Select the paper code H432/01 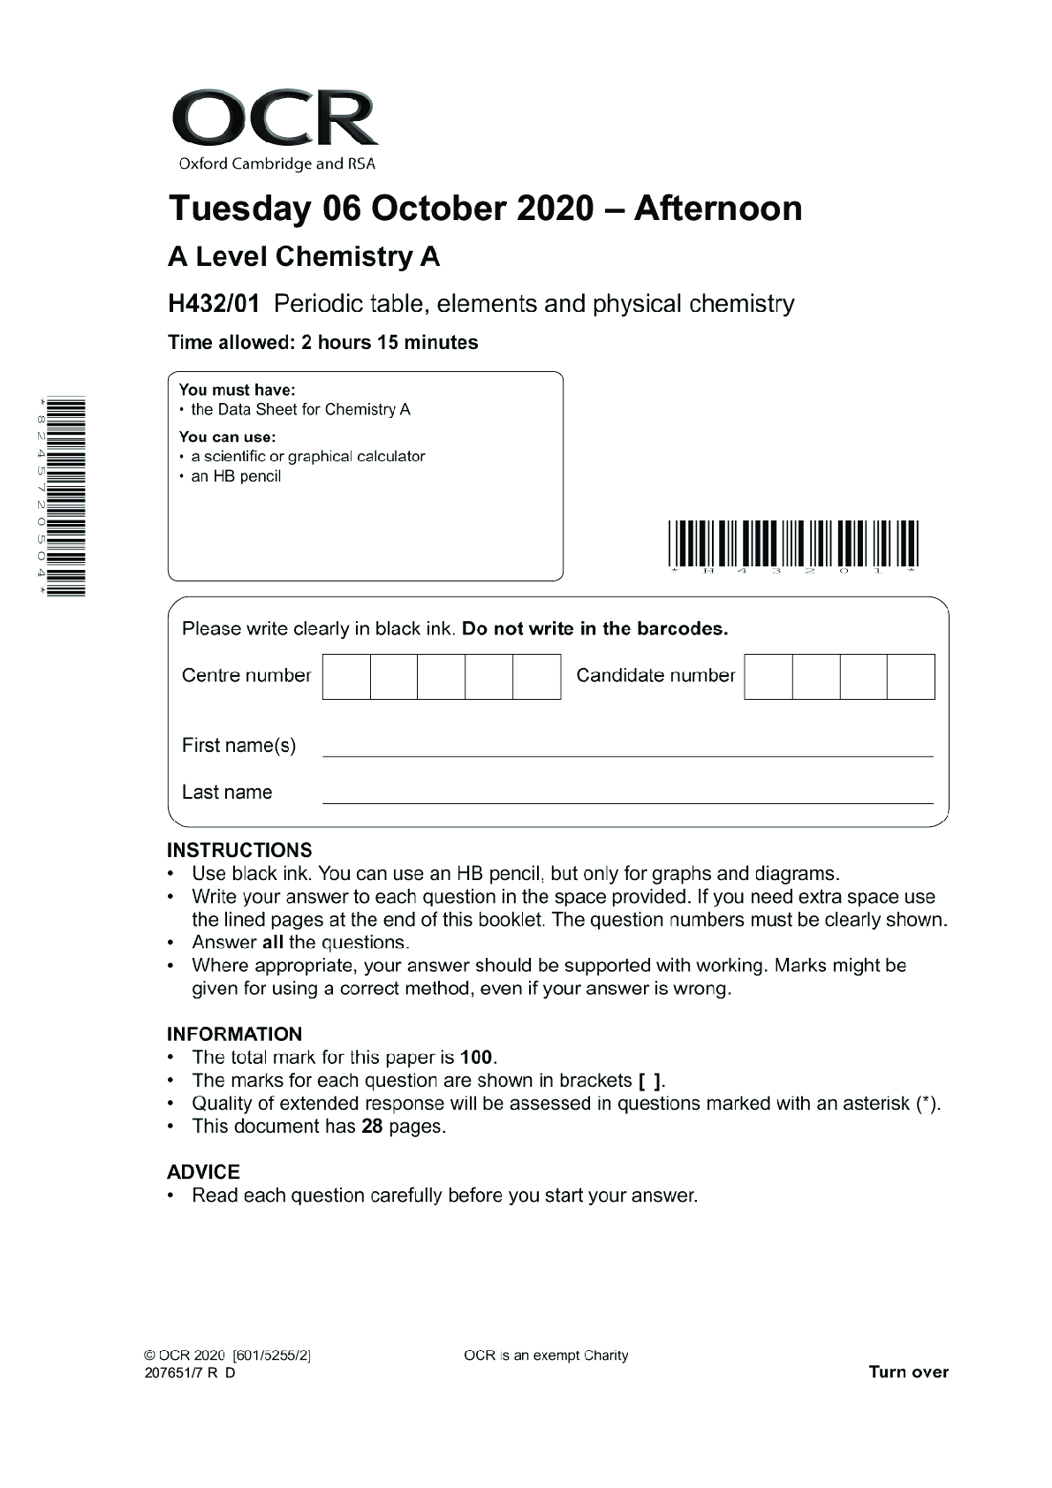pos(214,304)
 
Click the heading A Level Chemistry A pos(304,257)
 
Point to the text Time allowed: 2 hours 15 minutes pos(322,343)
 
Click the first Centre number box pos(346,677)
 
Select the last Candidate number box pos(911,677)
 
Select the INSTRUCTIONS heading pos(239,850)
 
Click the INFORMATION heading pos(234,1034)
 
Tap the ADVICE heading pos(203,1172)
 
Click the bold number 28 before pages pos(372,1127)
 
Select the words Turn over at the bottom pos(908,1372)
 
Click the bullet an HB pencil pos(236,476)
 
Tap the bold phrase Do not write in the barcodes pos(595,629)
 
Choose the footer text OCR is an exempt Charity pos(545,1355)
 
